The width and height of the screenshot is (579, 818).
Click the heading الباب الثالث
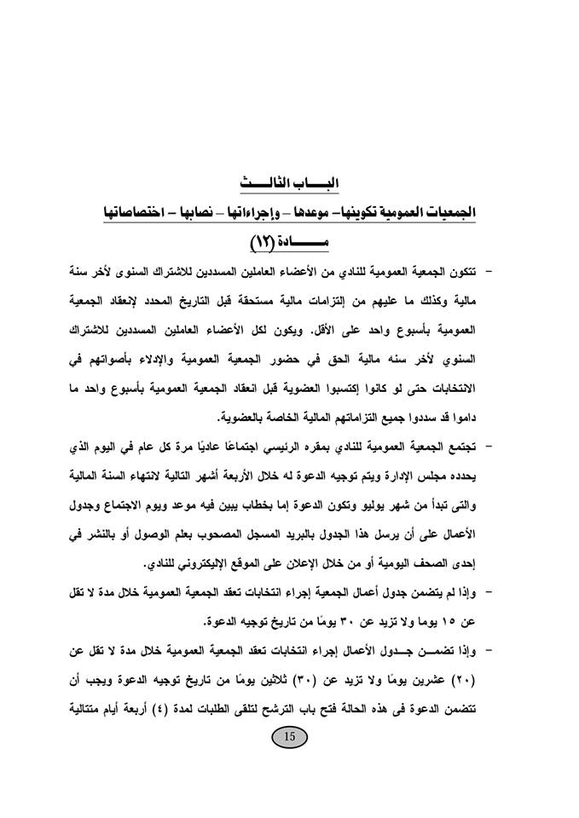[x=290, y=182]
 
